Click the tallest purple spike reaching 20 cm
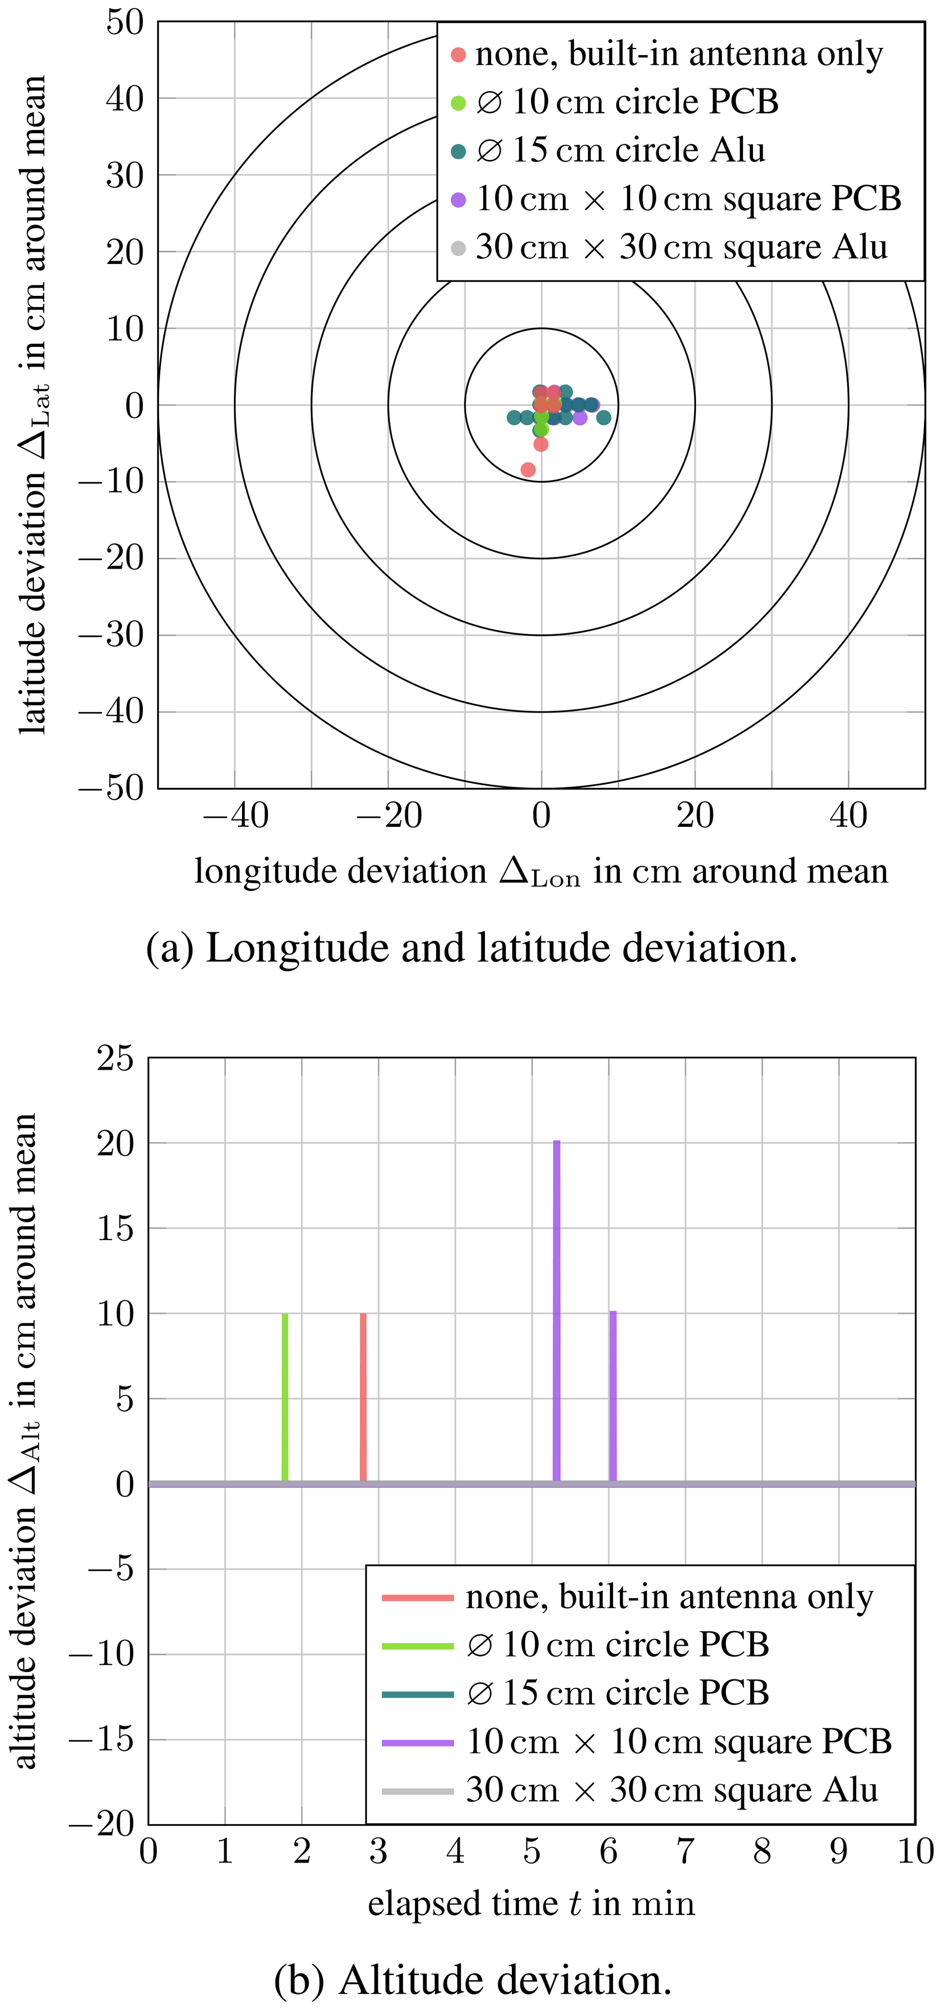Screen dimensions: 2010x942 point(556,1311)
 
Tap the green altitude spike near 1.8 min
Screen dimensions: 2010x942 point(285,1397)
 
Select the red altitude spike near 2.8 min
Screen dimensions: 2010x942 point(363,1397)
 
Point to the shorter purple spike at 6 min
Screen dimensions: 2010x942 point(613,1397)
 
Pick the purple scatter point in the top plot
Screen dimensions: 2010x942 point(580,417)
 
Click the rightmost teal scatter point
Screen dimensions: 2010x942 point(603,417)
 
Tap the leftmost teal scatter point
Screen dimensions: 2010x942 point(514,417)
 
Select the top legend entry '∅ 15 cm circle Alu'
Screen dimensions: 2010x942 point(620,150)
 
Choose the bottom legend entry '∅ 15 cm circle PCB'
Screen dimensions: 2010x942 point(617,1692)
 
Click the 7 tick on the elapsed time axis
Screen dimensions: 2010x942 point(685,1851)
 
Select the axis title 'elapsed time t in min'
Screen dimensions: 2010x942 point(531,1902)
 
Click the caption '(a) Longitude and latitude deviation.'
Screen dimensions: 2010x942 point(471,948)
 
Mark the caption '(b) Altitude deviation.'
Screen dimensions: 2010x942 point(472,1979)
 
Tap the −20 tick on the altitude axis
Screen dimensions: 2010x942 point(102,1824)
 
